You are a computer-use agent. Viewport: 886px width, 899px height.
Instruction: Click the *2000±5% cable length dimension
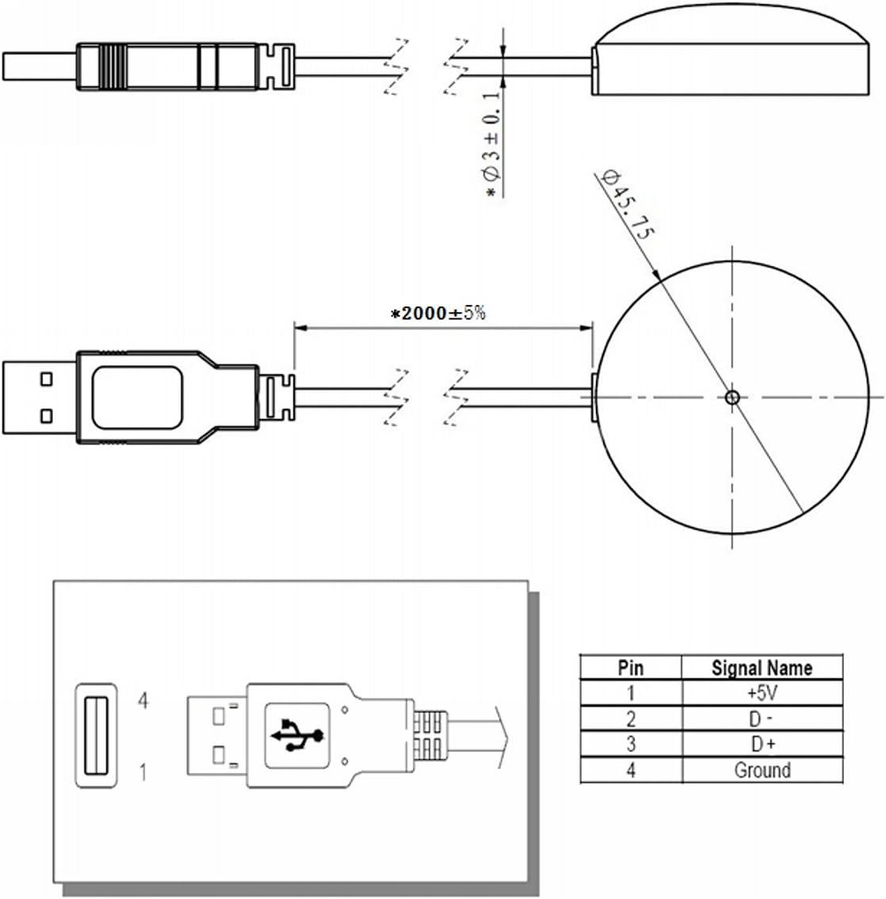[438, 313]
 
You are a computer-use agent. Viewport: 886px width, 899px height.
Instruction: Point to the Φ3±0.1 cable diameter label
[493, 143]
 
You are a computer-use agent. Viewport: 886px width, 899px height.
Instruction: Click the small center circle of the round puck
[732, 398]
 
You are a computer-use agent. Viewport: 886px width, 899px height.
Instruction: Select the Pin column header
[631, 668]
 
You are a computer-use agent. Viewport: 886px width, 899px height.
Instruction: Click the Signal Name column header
[762, 668]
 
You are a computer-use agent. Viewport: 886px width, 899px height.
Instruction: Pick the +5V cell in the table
[762, 693]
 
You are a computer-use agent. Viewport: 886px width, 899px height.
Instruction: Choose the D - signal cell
[762, 719]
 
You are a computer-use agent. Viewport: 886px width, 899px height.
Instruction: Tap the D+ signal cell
[762, 745]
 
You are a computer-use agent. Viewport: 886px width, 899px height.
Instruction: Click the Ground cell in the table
[762, 770]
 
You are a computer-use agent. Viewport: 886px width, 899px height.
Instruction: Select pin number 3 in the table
[631, 745]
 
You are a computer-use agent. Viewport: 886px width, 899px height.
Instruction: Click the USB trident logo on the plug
[298, 734]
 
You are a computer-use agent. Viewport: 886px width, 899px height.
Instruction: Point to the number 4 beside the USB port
[143, 700]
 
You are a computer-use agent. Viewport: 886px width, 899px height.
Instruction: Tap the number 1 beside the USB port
[143, 772]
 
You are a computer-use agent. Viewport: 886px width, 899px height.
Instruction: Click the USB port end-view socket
[97, 736]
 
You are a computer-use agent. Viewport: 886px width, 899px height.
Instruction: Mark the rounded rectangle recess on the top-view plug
[137, 398]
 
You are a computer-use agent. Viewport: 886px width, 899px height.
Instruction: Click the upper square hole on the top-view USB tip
[47, 379]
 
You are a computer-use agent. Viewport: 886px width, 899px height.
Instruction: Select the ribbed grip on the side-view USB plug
[113, 67]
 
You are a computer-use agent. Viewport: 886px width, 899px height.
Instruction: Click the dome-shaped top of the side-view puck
[731, 24]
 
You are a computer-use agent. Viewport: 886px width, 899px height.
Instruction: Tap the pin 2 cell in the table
[631, 719]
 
